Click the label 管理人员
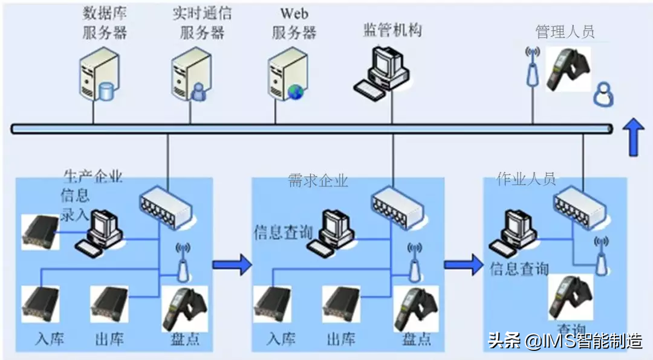pos(565,31)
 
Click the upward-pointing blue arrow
pos(634,136)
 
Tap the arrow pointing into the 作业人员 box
pos(464,264)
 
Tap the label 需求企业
pos(317,180)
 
